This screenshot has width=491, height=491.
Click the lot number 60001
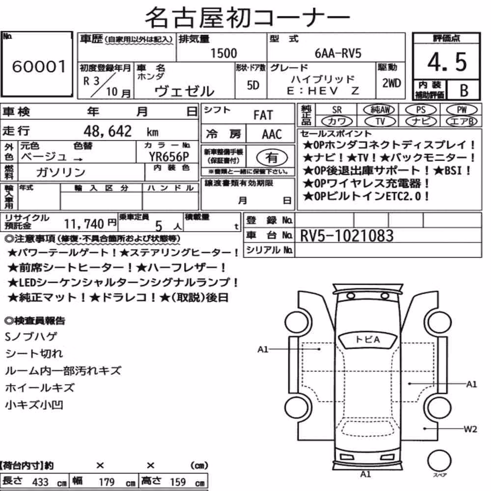point(39,66)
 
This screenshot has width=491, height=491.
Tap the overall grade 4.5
point(447,62)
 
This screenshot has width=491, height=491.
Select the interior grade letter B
point(464,90)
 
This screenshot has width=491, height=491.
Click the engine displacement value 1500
point(223,53)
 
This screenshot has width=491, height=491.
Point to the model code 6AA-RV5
point(338,54)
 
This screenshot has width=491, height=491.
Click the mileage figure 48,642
point(108,131)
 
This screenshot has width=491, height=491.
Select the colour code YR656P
point(169,157)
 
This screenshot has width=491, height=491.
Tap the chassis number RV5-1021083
point(347,236)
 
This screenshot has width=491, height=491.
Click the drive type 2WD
point(391,83)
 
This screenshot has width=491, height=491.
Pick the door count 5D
point(253,85)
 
